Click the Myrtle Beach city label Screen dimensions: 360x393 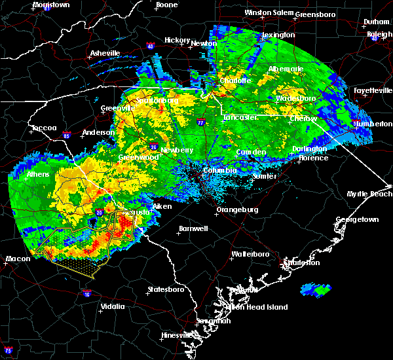pos(370,194)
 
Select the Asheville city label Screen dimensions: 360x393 pos(105,53)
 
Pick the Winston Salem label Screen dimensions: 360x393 pos(267,12)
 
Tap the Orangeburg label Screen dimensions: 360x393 pos(238,210)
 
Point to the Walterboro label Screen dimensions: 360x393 pos(252,253)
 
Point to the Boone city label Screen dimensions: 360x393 pos(166,5)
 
